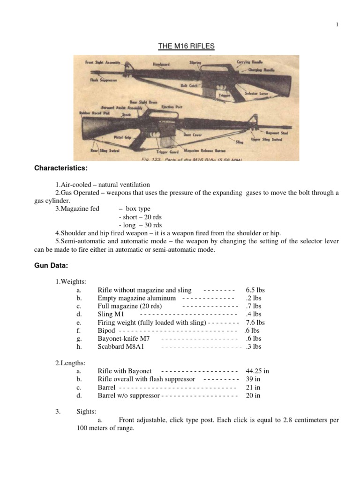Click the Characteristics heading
click(x=61, y=168)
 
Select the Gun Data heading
click(x=52, y=266)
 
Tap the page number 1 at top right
click(x=337, y=25)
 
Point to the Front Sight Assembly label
click(x=103, y=62)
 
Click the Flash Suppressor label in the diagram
click(x=104, y=80)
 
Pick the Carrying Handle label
click(x=250, y=61)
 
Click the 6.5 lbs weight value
click(x=255, y=290)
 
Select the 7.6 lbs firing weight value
click(x=255, y=322)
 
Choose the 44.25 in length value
click(x=257, y=371)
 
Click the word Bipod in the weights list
click(x=106, y=330)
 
